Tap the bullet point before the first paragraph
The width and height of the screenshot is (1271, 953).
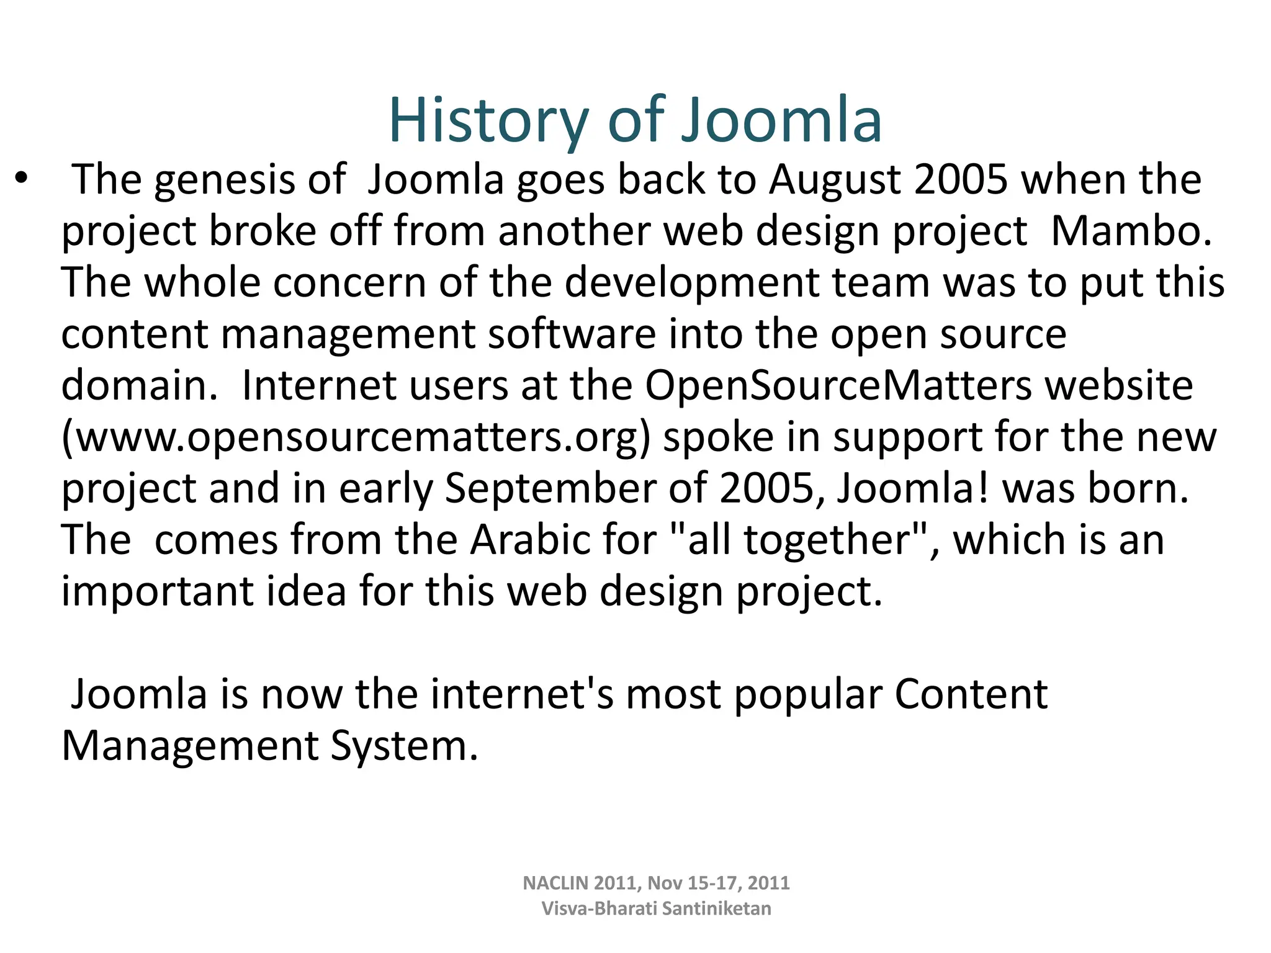click(x=22, y=178)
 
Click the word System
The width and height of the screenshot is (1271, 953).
click(x=403, y=746)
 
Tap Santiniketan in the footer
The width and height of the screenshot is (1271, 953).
click(x=716, y=908)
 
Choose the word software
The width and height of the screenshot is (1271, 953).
click(x=572, y=334)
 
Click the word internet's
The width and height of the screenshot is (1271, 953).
click(x=522, y=694)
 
